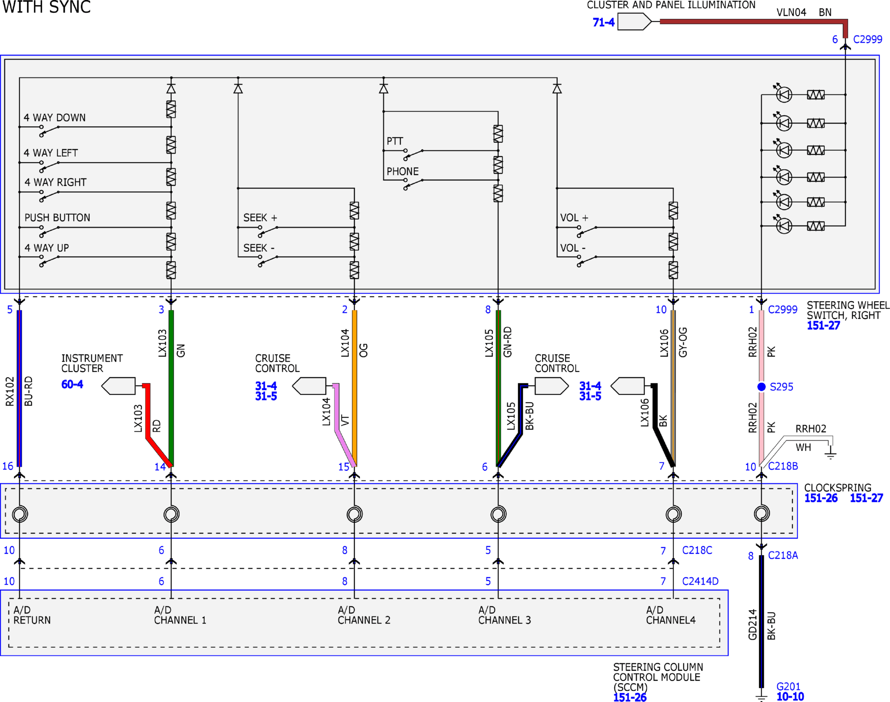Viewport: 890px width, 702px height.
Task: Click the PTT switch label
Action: pos(394,141)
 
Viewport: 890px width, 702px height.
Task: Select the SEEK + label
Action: pos(260,218)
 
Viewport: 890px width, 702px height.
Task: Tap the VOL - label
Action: pos(572,248)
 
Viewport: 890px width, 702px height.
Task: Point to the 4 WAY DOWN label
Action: pos(54,117)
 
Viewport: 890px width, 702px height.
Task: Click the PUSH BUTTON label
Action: pos(57,218)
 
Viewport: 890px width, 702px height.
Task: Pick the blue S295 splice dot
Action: pos(761,387)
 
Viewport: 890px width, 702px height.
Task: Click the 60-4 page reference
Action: pos(72,384)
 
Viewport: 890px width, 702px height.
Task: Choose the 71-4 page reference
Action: pos(603,22)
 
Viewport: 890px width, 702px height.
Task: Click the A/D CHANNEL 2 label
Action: pos(364,615)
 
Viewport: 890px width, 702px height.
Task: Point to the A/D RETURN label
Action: pos(32,615)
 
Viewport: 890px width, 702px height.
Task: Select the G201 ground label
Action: pos(788,687)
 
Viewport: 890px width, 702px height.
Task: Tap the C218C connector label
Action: pos(697,550)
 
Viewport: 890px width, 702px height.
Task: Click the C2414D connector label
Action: pos(700,581)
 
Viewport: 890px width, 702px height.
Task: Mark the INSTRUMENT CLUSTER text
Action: pos(92,363)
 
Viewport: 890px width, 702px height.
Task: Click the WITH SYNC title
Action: pos(46,7)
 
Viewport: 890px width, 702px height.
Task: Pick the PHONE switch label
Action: pos(402,171)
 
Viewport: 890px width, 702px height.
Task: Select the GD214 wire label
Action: pos(753,624)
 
